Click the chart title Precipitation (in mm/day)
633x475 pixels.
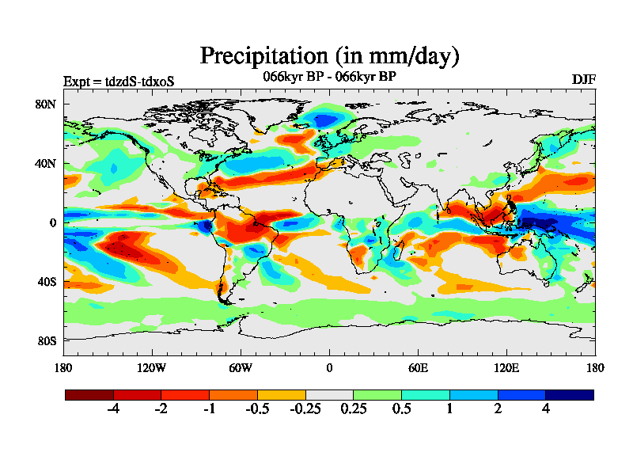(x=329, y=56)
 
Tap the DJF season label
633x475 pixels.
(x=584, y=80)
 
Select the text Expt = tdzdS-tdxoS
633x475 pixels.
(x=118, y=81)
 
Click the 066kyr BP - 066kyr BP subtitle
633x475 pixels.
(x=329, y=77)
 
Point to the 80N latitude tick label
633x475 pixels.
(x=45, y=104)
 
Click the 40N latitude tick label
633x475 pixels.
(x=45, y=164)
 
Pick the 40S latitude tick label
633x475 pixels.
(x=45, y=282)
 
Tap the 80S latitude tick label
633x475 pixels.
(x=45, y=340)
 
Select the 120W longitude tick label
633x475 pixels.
(x=152, y=367)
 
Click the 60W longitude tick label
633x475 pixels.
(x=241, y=367)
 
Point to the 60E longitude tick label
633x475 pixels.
(x=418, y=367)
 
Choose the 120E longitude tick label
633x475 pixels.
(x=506, y=367)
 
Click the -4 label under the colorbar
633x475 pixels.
(x=113, y=408)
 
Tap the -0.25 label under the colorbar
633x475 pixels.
(x=305, y=408)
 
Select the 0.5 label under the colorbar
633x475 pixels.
(x=401, y=408)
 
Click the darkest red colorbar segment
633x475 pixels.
(x=89, y=394)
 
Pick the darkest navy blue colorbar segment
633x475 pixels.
(x=569, y=394)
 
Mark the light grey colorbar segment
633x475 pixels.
(x=329, y=394)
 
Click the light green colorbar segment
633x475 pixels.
(x=377, y=394)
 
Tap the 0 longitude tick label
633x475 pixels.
(x=329, y=367)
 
